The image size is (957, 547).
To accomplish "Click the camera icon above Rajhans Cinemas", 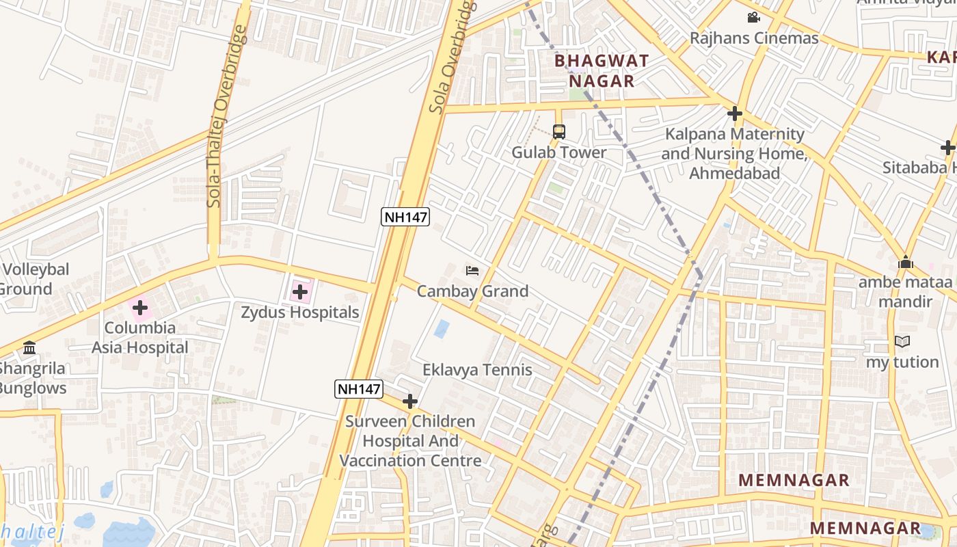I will (x=753, y=18).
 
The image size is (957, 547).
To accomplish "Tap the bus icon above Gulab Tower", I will (x=559, y=131).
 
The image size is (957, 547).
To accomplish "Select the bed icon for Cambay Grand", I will (x=472, y=271).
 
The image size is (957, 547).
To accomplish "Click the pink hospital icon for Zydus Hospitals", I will (x=299, y=292).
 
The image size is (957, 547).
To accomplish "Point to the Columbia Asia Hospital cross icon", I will (x=140, y=308).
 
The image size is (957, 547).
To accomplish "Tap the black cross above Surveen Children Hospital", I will (x=410, y=401).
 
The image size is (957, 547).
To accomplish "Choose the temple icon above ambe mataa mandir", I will (x=906, y=262).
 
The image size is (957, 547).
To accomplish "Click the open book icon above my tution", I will (x=902, y=341).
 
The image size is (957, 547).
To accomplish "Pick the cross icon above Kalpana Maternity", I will (x=736, y=114).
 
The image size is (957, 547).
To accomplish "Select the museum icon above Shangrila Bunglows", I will (x=29, y=348).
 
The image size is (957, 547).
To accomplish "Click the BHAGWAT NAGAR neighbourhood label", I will (x=601, y=70).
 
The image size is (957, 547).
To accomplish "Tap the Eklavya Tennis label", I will (x=477, y=370).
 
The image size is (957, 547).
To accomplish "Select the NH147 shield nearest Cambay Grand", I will (x=405, y=217).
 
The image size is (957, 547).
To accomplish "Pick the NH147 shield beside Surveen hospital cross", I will (x=359, y=389).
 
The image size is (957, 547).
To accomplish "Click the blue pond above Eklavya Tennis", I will (x=442, y=330).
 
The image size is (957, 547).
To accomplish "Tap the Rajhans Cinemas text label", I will (x=754, y=38).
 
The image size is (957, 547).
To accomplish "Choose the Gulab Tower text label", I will (x=559, y=152).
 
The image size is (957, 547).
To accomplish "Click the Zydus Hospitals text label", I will (x=299, y=312).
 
